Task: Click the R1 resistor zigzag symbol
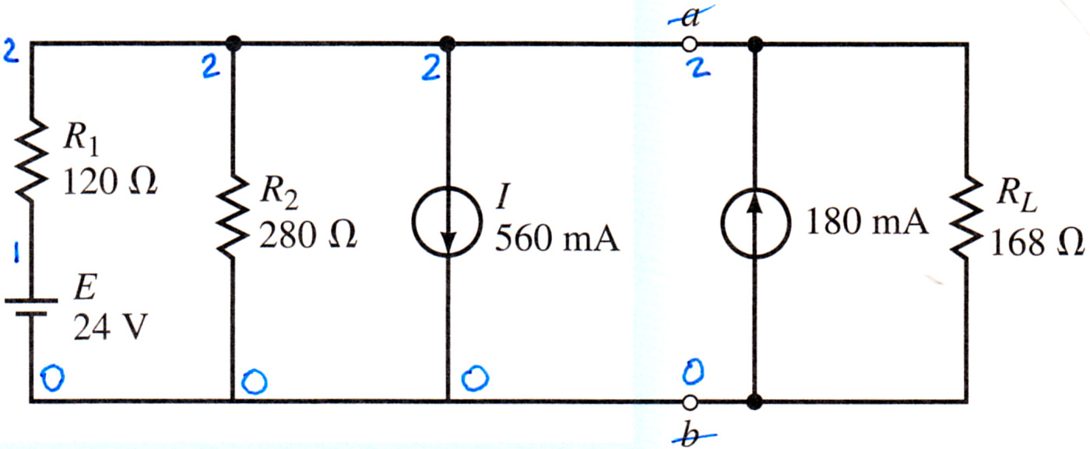click(x=32, y=159)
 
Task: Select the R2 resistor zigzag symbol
click(x=233, y=217)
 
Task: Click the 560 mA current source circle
click(x=447, y=222)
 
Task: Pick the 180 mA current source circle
click(x=754, y=223)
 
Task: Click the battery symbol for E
click(x=31, y=307)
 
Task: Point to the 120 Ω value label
click(x=110, y=182)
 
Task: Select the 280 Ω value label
click(x=308, y=236)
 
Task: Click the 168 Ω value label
click(x=1037, y=242)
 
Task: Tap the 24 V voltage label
click(x=110, y=326)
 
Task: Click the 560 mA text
click(x=557, y=238)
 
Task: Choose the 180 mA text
click(x=867, y=222)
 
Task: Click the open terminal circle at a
click(x=690, y=44)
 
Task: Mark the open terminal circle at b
click(x=690, y=402)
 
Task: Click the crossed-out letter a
click(x=691, y=17)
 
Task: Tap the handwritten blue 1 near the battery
click(x=16, y=253)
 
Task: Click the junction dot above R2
click(x=234, y=44)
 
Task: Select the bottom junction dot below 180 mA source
click(x=754, y=402)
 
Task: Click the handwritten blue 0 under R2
click(x=254, y=382)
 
